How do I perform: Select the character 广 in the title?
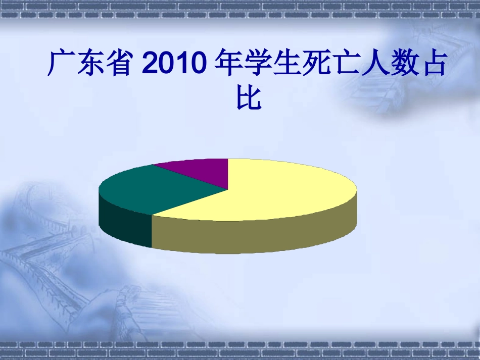click(60, 64)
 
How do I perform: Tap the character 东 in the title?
click(90, 64)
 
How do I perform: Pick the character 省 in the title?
click(120, 64)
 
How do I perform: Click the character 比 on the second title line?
click(248, 98)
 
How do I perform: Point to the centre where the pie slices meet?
click(228, 189)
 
